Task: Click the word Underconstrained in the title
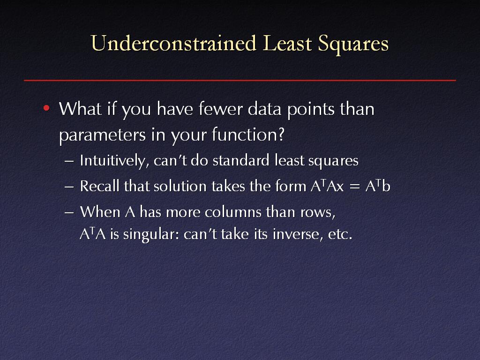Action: pyautogui.click(x=173, y=43)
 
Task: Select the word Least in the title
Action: pyautogui.click(x=287, y=43)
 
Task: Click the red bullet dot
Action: pyautogui.click(x=46, y=108)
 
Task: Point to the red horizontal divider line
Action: pyautogui.click(x=240, y=80)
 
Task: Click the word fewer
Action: pyautogui.click(x=220, y=109)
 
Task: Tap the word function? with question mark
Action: pyautogui.click(x=248, y=134)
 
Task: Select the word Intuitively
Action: pyautogui.click(x=114, y=161)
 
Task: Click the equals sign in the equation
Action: pyautogui.click(x=354, y=187)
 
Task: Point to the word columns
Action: pyautogui.click(x=233, y=212)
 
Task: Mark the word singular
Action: pyautogui.click(x=151, y=235)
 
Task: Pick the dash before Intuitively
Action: pyautogui.click(x=69, y=161)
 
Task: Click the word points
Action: pyautogui.click(x=311, y=110)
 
